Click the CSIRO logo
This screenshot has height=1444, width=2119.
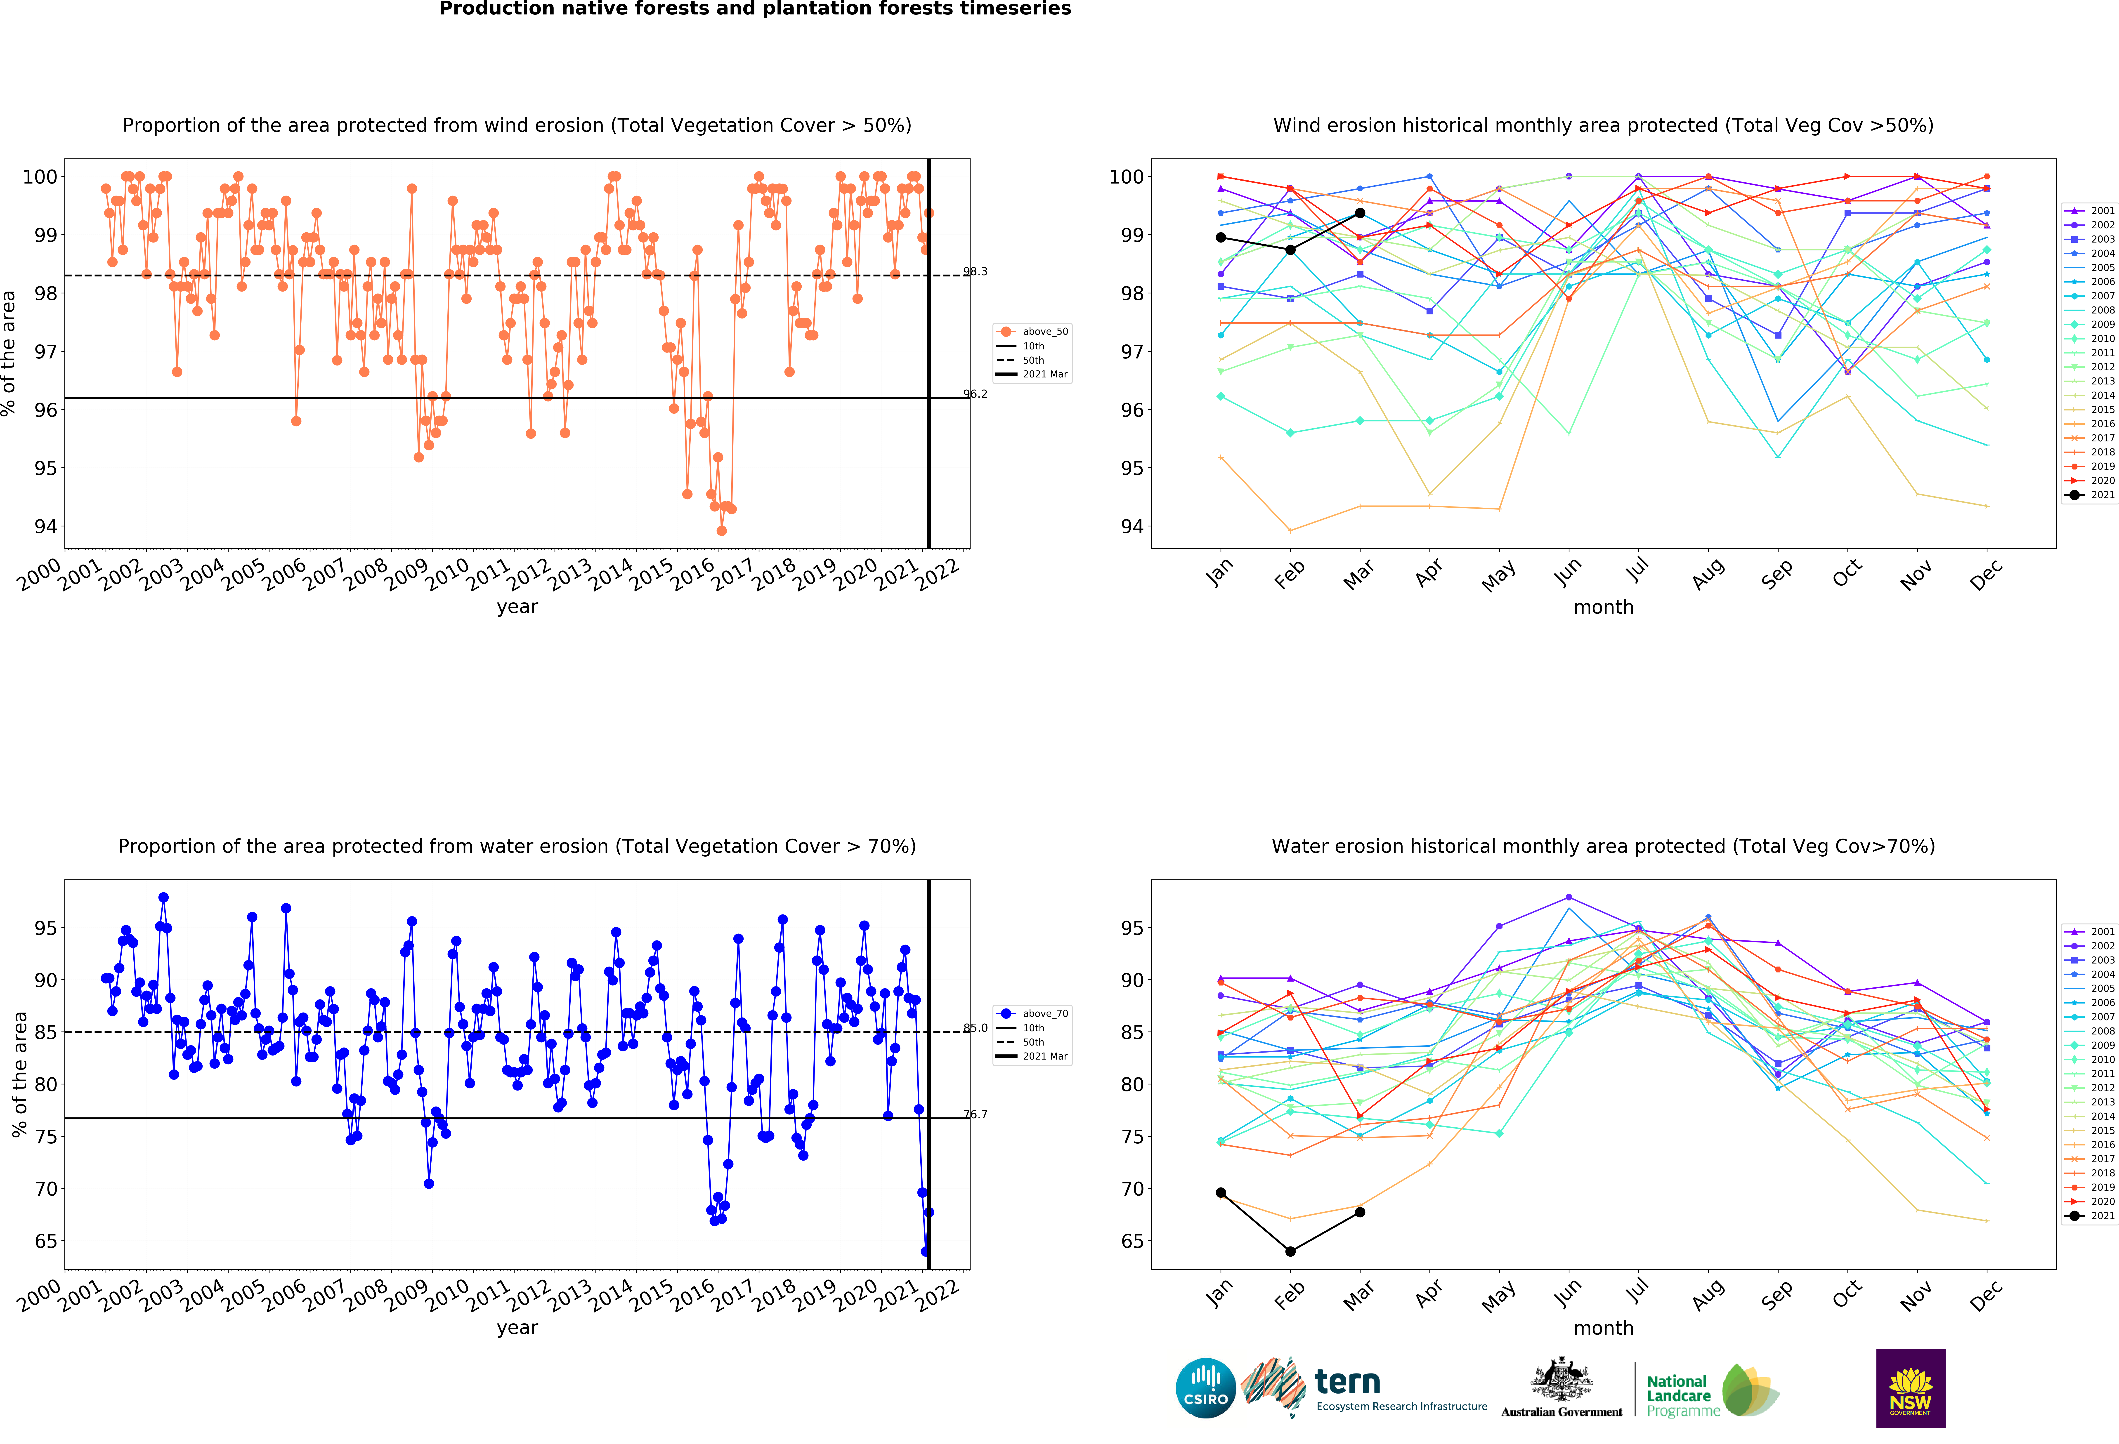tap(1205, 1388)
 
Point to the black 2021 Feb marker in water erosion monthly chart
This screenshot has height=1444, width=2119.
tap(1290, 1252)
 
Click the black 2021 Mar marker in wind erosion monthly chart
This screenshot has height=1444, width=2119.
tap(1359, 213)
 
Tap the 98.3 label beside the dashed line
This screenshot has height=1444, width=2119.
tap(976, 272)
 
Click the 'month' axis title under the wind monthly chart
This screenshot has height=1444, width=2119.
tap(1603, 607)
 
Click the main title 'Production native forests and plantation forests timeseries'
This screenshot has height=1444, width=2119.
tap(755, 9)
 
